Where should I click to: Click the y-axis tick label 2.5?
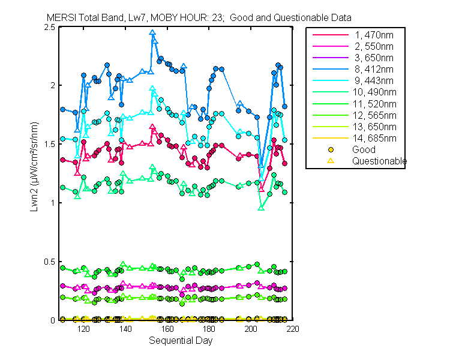click(50, 28)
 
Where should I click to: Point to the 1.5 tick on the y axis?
click(50, 145)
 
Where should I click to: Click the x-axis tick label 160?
click(167, 329)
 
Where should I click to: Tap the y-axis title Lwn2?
click(34, 174)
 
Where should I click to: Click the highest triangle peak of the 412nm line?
click(153, 33)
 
